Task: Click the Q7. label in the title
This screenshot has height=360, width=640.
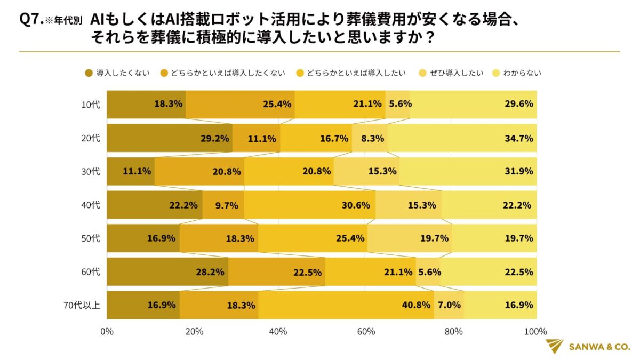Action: point(30,20)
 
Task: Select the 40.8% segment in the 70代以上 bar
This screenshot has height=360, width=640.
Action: point(346,305)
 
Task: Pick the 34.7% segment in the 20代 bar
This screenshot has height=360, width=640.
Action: point(462,138)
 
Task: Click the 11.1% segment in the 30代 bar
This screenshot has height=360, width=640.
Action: point(131,172)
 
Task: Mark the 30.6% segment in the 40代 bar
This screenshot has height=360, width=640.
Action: point(310,205)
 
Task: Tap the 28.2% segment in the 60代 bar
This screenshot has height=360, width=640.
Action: point(167,272)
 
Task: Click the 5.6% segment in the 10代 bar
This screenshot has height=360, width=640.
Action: point(398,105)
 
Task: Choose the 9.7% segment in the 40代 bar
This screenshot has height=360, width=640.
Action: point(223,205)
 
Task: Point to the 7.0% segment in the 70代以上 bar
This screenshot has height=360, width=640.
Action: point(449,305)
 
